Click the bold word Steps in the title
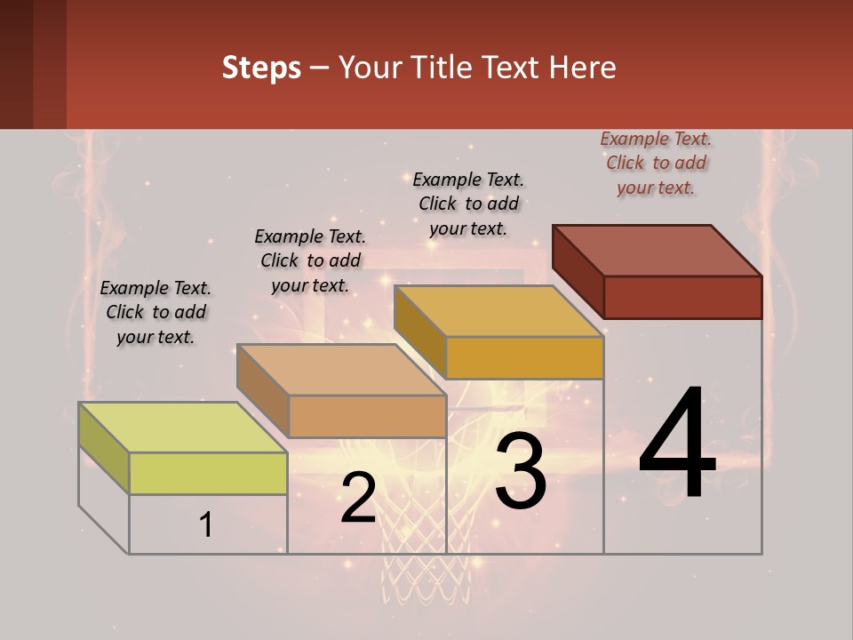point(261,68)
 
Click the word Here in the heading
point(582,68)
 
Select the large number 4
point(677,444)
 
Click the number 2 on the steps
point(358,498)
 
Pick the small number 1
point(206,525)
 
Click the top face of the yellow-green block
point(182,427)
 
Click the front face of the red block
point(682,297)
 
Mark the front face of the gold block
point(524,357)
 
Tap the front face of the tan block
point(367,416)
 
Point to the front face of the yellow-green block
point(208,473)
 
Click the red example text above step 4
point(656,164)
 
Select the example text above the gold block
point(468,204)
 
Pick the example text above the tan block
point(310,260)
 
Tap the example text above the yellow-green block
point(155,312)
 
